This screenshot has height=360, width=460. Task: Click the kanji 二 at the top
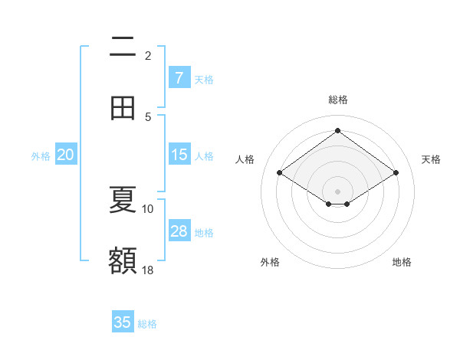tap(123, 47)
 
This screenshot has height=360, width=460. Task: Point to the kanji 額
tap(123, 260)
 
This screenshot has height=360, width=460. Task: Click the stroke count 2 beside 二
tap(148, 55)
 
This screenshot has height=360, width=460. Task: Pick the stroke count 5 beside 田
tap(148, 116)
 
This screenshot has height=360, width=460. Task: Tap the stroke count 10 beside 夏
tap(148, 208)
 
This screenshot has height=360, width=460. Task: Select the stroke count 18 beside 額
tap(148, 270)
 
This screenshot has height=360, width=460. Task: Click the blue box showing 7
tap(179, 77)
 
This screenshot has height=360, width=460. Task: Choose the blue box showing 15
tap(179, 155)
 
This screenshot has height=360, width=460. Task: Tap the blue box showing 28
tap(179, 231)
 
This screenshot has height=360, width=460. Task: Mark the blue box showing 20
tap(65, 155)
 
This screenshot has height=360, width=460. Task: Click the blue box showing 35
tap(123, 322)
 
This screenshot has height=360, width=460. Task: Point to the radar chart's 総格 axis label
tap(337, 100)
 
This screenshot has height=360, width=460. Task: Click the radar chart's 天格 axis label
tap(431, 159)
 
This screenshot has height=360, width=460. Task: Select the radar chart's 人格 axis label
tap(245, 159)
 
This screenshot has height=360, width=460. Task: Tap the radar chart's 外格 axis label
tap(270, 262)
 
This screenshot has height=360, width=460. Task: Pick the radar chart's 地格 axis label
tap(402, 262)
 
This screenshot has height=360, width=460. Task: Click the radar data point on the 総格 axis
tap(337, 130)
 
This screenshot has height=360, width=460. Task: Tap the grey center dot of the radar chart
tap(337, 191)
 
